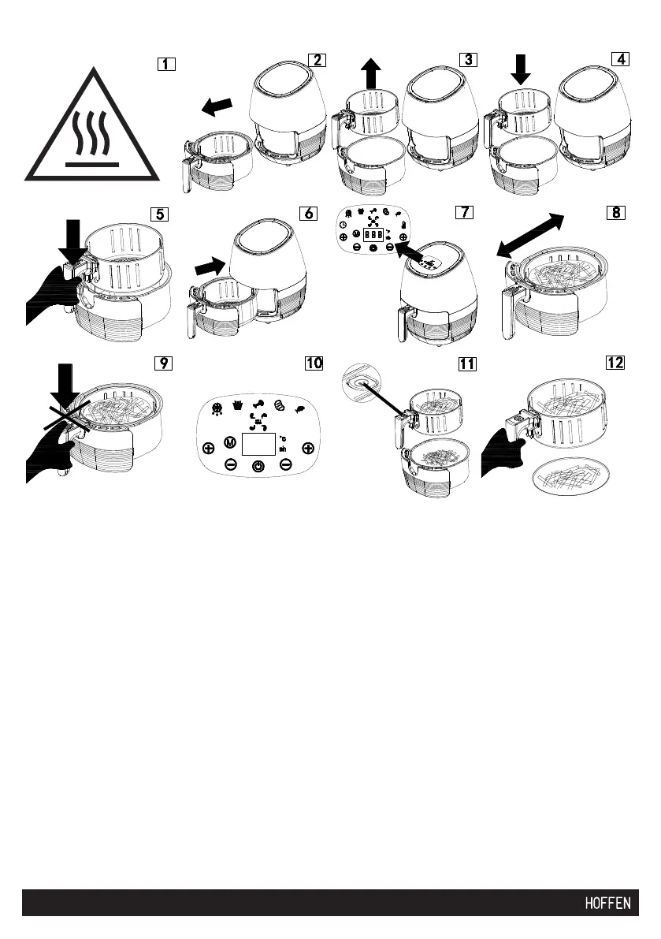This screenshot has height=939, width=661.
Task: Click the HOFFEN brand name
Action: coord(607,904)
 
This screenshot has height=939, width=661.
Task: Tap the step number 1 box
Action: coord(165,64)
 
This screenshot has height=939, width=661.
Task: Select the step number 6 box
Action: coord(308,214)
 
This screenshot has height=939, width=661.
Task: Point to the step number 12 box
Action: coord(615,363)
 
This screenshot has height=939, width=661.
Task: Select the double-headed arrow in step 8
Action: coord(530,236)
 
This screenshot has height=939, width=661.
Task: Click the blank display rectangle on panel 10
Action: coord(258,445)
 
